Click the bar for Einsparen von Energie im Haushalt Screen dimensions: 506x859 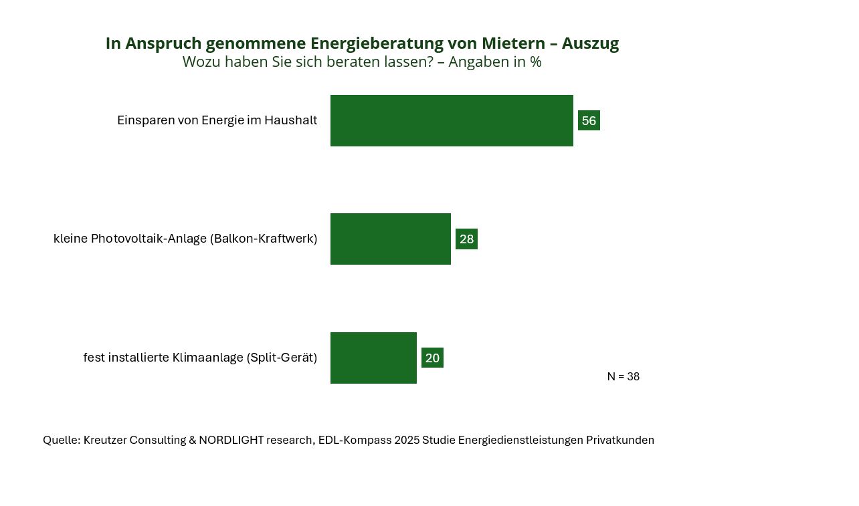pyautogui.click(x=452, y=120)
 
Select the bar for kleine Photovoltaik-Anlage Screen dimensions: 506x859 pyautogui.click(x=391, y=239)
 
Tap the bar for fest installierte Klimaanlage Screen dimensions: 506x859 pyautogui.click(x=373, y=358)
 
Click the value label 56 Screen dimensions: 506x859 pyautogui.click(x=589, y=121)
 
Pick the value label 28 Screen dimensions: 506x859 pyautogui.click(x=466, y=239)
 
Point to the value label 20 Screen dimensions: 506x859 pyautogui.click(x=432, y=358)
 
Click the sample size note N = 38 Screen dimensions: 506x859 pyautogui.click(x=623, y=377)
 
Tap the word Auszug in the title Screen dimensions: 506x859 pyautogui.click(x=590, y=43)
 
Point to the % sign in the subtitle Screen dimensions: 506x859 pyautogui.click(x=535, y=62)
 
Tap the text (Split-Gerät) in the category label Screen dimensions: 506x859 pyautogui.click(x=282, y=358)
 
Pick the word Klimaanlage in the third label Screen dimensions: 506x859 pyautogui.click(x=207, y=358)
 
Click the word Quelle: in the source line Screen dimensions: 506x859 pyautogui.click(x=62, y=440)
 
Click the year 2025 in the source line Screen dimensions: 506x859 pyautogui.click(x=406, y=440)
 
